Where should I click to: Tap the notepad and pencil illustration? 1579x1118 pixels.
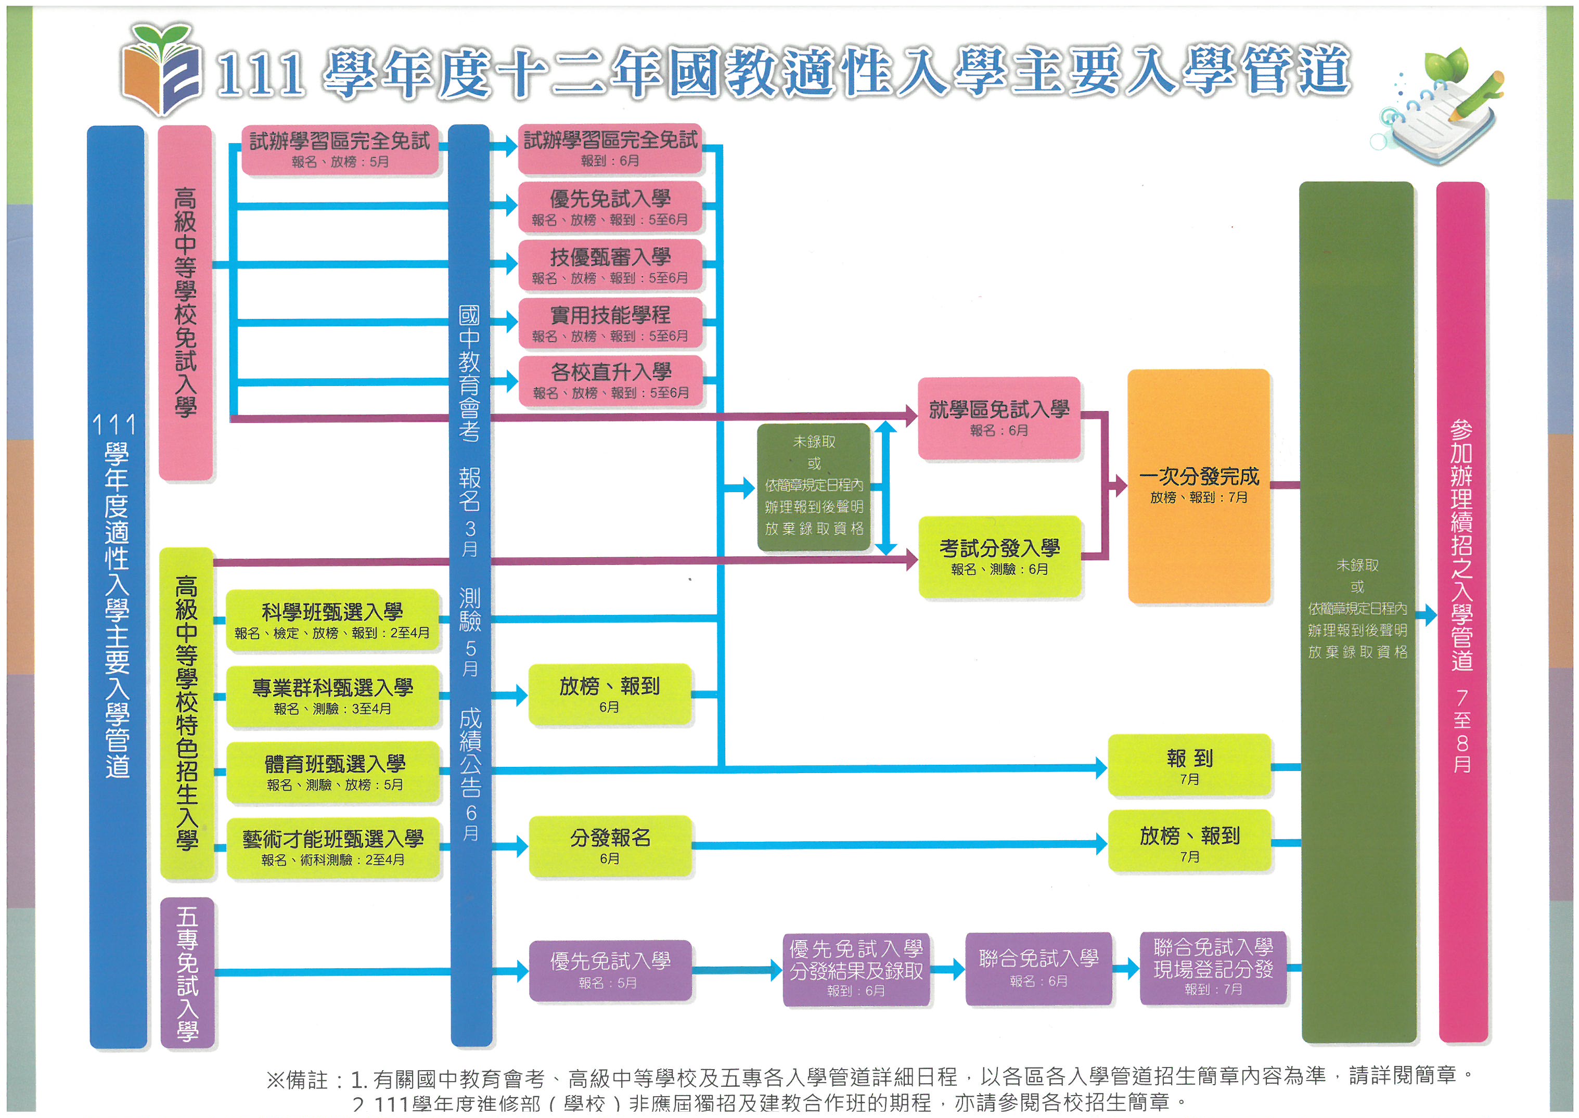pos(1439,110)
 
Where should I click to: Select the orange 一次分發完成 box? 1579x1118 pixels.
pos(1198,485)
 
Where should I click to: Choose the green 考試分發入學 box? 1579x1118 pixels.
pos(999,556)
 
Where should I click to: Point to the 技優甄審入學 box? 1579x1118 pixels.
pos(610,265)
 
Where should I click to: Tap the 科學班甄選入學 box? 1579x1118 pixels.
pos(332,620)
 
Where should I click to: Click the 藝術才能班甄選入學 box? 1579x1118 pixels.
pos(333,847)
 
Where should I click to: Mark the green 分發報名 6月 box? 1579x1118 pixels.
pos(610,846)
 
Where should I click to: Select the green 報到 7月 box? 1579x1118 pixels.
pos(1189,765)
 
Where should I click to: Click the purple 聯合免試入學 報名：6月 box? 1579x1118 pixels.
pos(1038,968)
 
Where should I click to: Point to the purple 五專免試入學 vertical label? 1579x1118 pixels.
pos(187,972)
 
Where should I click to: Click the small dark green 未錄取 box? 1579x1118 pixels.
pos(814,486)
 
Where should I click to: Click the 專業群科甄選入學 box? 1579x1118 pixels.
pos(332,696)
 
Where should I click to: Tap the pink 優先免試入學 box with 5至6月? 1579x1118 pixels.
pos(610,207)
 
